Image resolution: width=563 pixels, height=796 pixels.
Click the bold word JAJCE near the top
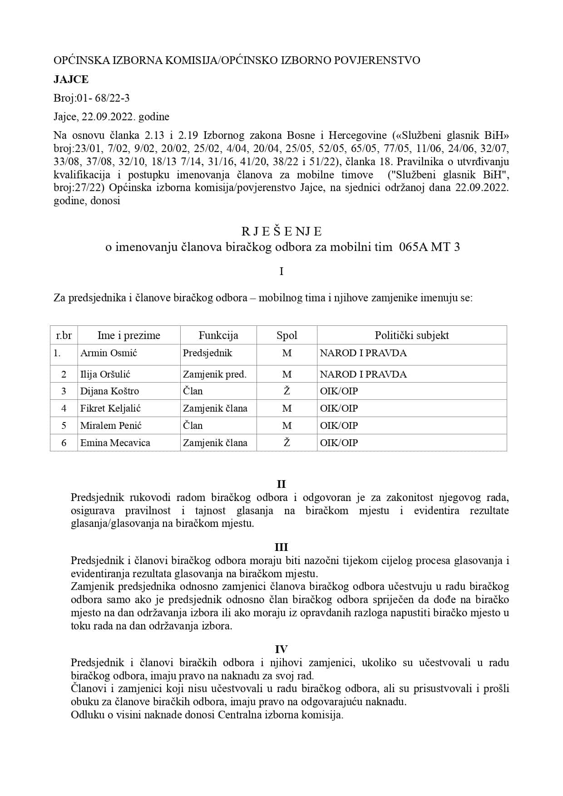(x=71, y=79)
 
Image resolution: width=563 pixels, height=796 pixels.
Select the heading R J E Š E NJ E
(x=281, y=231)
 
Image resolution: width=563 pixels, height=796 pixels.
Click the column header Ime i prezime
(x=129, y=335)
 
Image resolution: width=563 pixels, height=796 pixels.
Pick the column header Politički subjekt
(x=411, y=335)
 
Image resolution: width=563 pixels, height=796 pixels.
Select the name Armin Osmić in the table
(x=109, y=353)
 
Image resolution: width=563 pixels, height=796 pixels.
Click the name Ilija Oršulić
(x=109, y=374)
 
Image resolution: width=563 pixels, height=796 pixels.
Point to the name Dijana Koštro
(x=109, y=391)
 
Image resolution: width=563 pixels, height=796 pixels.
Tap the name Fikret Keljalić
(x=110, y=408)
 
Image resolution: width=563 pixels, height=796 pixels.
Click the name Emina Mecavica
(x=115, y=443)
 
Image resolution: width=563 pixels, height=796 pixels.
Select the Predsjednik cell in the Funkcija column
(x=207, y=353)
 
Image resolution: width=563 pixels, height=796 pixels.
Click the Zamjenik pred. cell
(x=214, y=374)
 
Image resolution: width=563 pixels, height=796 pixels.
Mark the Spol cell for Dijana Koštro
(x=287, y=391)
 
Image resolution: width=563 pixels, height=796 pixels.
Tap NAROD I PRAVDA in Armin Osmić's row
(x=363, y=353)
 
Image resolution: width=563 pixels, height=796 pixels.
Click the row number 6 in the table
(x=64, y=443)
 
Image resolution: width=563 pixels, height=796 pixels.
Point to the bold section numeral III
(x=281, y=547)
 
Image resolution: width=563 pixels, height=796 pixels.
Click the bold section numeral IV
(x=281, y=649)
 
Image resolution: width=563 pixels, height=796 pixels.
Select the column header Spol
(x=287, y=335)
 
